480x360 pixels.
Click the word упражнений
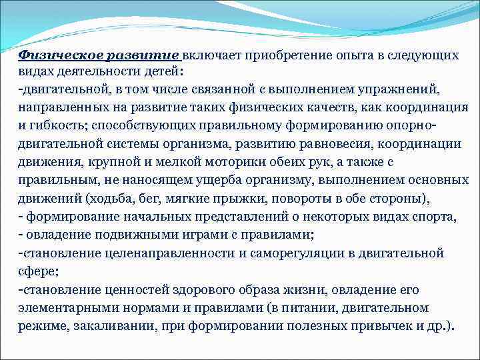[x=407, y=89]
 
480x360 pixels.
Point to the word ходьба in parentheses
[x=108, y=199]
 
